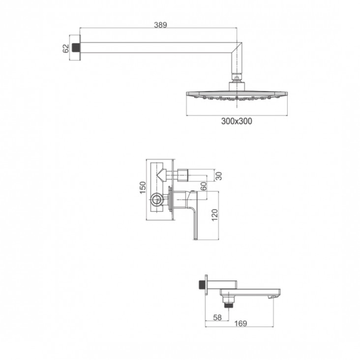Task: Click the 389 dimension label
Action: [x=160, y=25]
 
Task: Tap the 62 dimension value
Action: [x=66, y=49]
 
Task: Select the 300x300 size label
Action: [x=237, y=121]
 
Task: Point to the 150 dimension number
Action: [x=143, y=187]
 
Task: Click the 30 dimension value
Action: [x=219, y=176]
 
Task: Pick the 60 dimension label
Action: [x=204, y=186]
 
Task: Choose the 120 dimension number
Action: [x=214, y=215]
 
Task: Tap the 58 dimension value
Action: [x=217, y=317]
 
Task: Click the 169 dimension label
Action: [x=240, y=323]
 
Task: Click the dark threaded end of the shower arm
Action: [x=75, y=48]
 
